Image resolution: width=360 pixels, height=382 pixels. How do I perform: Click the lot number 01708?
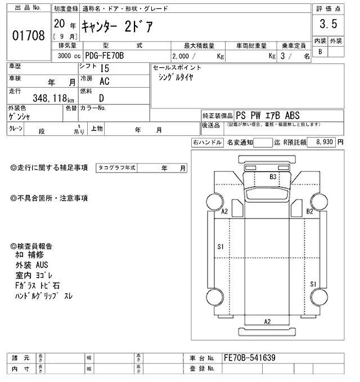tap(28, 36)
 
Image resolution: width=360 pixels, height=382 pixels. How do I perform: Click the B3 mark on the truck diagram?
tap(273, 177)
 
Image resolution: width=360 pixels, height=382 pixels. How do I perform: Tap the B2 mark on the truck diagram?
tap(309, 211)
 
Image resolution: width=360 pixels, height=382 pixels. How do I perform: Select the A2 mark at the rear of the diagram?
tap(268, 321)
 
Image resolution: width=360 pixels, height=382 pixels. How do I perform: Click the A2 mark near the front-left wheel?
tap(224, 211)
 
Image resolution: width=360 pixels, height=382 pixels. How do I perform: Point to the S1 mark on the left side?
tap(220, 247)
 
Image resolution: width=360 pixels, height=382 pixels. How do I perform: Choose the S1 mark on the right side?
tap(313, 285)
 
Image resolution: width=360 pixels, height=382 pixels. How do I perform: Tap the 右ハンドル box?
tap(207, 143)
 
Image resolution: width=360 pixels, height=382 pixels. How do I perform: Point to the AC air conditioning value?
tap(104, 81)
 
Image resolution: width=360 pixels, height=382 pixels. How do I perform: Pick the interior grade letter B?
tap(321, 52)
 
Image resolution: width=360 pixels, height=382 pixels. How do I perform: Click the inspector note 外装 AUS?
tap(32, 265)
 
